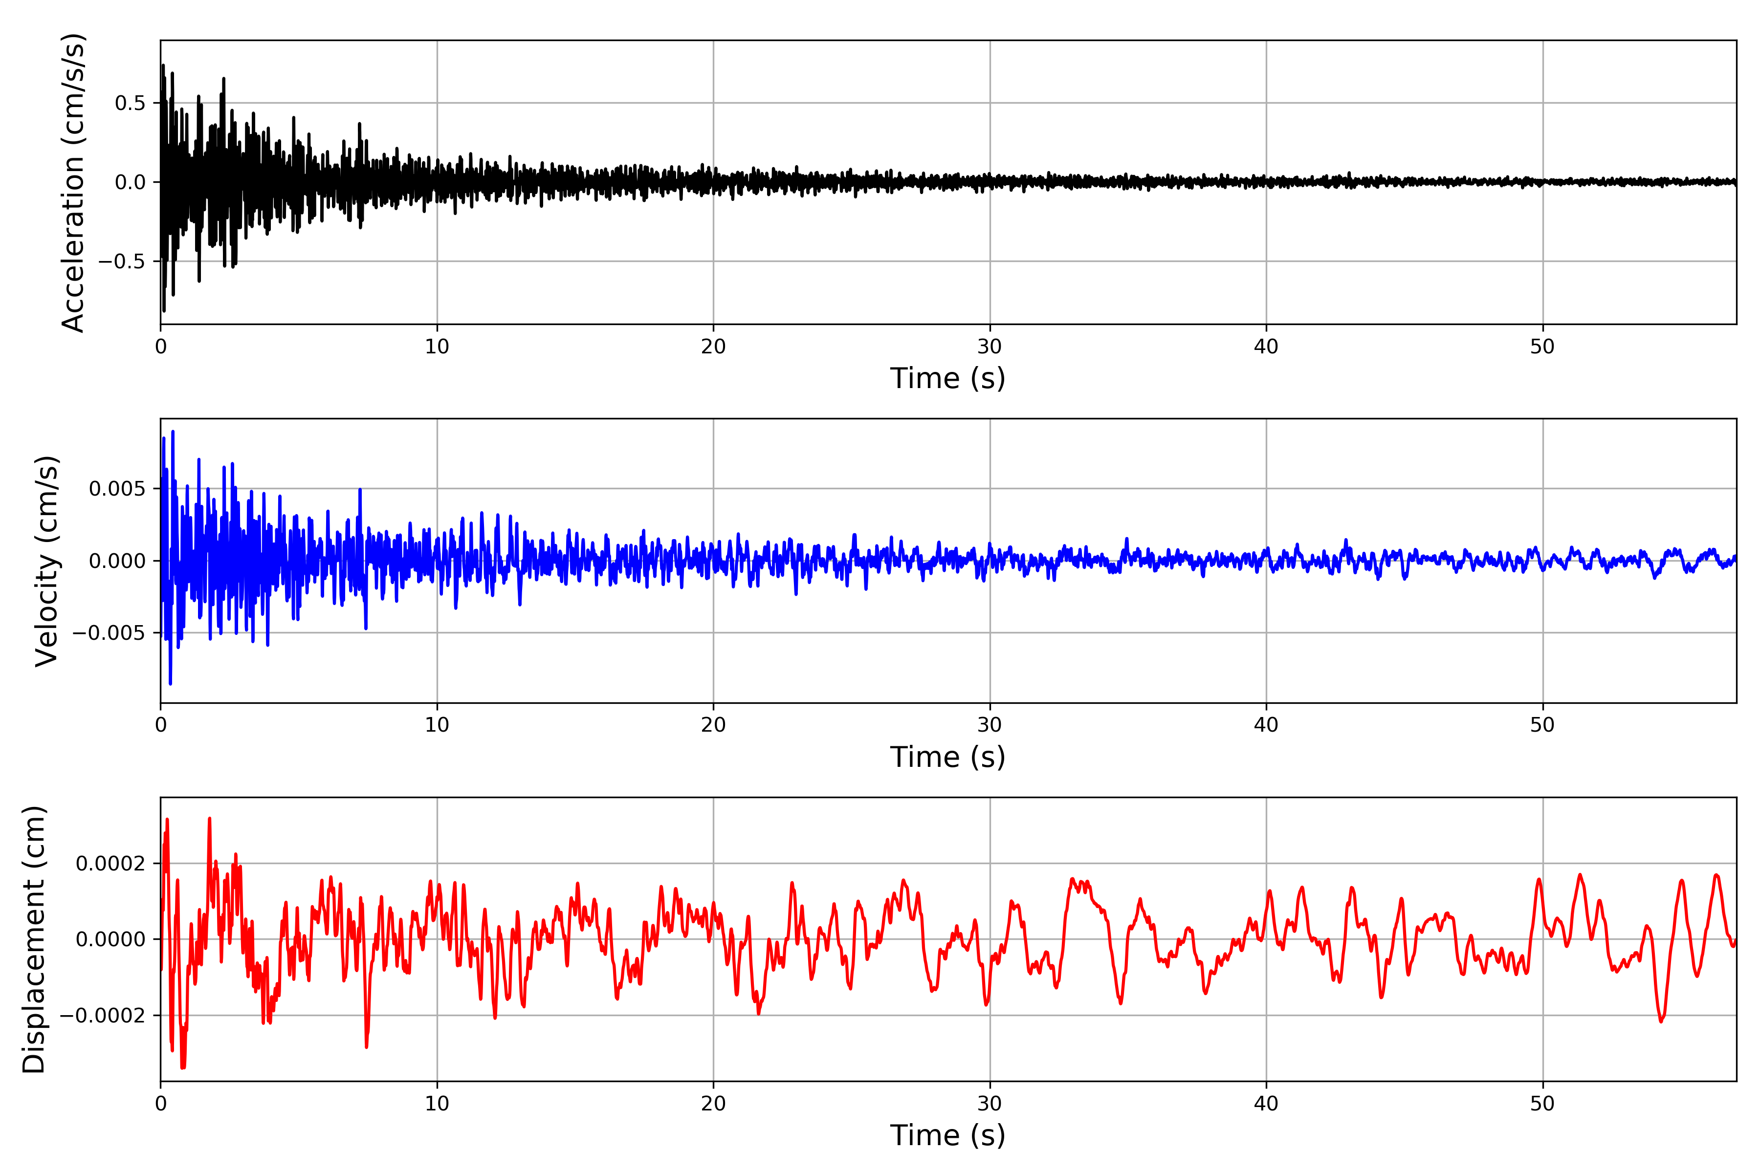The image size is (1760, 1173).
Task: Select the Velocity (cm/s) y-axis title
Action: point(46,561)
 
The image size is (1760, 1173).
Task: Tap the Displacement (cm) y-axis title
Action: point(34,939)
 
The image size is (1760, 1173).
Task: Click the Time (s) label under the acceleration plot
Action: point(947,378)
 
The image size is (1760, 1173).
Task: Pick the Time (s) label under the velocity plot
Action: point(947,757)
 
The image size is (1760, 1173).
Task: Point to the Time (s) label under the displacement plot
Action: point(947,1135)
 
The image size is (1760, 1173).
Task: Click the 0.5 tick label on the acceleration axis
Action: point(130,103)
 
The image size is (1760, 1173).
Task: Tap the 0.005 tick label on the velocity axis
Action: point(117,489)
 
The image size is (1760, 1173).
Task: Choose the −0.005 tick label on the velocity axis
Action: point(109,633)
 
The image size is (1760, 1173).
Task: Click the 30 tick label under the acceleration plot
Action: point(989,347)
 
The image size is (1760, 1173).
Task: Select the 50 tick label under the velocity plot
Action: point(1542,725)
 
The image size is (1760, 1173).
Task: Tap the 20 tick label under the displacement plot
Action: point(713,1104)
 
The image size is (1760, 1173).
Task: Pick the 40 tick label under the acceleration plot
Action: point(1266,347)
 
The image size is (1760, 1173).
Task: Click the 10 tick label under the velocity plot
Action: point(437,725)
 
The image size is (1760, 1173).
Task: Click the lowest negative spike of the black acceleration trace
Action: point(164,310)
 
